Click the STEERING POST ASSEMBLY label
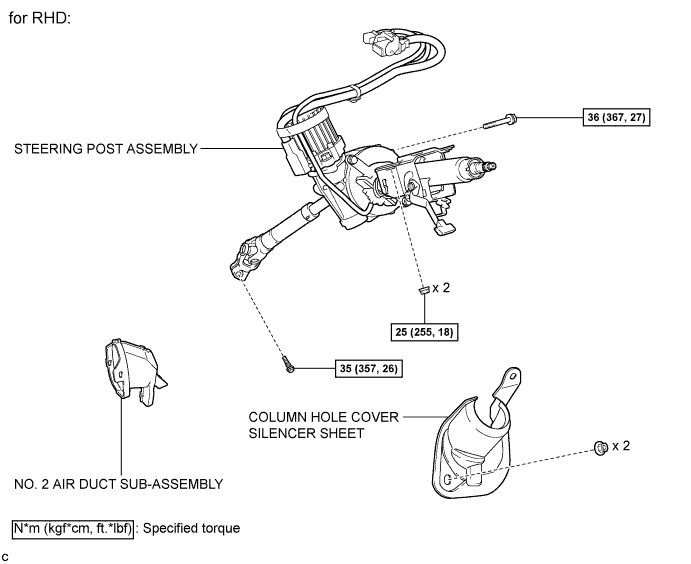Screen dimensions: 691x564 (x=106, y=149)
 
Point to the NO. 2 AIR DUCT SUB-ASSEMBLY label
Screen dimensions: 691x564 (x=119, y=484)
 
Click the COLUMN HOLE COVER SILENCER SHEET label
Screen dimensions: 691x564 (x=323, y=425)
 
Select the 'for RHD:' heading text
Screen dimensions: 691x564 (x=40, y=18)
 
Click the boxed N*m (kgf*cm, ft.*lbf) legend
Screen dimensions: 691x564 (x=73, y=528)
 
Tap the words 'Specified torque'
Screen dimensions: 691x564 (x=192, y=528)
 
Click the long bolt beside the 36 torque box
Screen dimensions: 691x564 (x=500, y=121)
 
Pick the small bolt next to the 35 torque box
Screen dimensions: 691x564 (x=288, y=365)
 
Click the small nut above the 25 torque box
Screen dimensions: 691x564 (x=424, y=289)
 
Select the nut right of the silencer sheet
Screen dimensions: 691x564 (x=601, y=448)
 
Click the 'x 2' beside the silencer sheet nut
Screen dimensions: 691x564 (x=621, y=446)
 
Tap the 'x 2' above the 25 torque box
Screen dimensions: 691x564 (x=441, y=288)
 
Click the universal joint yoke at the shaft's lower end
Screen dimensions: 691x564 (x=247, y=260)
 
